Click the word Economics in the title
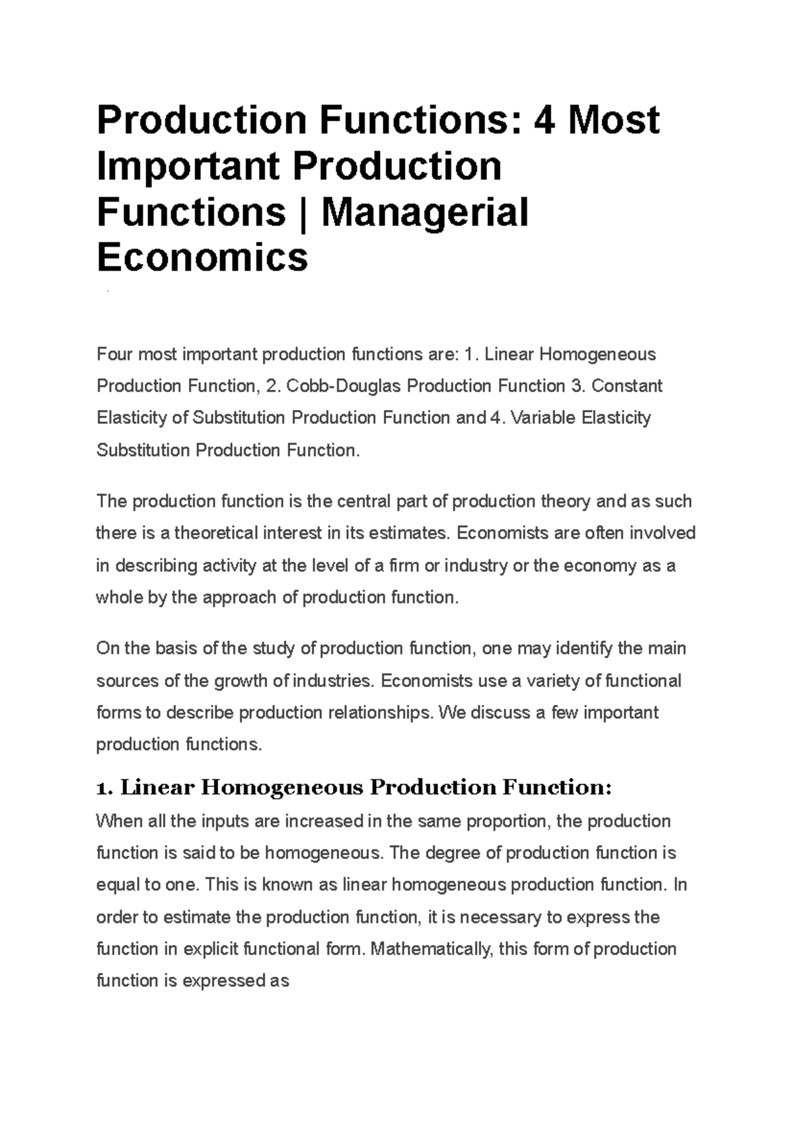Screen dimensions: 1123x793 click(202, 257)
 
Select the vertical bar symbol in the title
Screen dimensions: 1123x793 click(303, 212)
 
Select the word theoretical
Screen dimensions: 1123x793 click(211, 533)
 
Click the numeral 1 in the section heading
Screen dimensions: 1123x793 click(100, 788)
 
